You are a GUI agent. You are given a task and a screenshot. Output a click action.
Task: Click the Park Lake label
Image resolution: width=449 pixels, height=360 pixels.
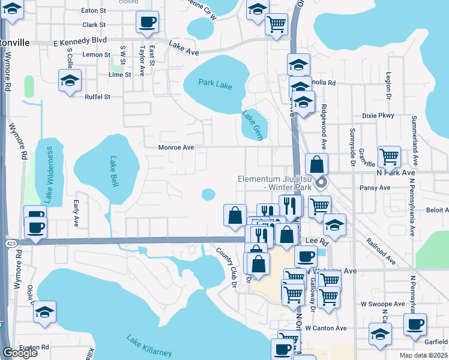point(215,85)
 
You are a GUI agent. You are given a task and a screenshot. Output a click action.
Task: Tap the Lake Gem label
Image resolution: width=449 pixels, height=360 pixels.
point(252,119)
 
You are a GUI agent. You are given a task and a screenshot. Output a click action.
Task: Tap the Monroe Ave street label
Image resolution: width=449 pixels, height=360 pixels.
point(176,147)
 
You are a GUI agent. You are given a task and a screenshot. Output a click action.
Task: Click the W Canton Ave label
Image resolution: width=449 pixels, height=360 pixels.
point(326,328)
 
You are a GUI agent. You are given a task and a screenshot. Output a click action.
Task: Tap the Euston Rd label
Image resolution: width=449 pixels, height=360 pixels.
point(33,347)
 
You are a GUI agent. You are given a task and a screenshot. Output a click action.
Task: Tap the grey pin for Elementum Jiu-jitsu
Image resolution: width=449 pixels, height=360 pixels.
point(321,183)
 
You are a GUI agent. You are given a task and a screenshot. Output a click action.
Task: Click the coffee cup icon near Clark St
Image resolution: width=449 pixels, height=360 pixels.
point(148,23)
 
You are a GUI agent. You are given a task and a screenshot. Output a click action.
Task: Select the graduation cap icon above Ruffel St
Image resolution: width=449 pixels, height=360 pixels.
point(70,80)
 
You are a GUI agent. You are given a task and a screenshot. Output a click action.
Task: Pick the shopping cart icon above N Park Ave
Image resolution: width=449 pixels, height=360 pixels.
point(390,157)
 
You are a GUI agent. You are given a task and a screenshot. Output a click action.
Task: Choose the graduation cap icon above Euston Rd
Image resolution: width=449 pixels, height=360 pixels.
point(44,313)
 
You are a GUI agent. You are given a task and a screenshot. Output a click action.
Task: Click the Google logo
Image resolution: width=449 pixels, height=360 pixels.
point(20,353)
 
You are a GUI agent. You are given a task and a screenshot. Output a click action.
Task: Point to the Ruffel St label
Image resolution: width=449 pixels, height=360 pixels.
point(98,97)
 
